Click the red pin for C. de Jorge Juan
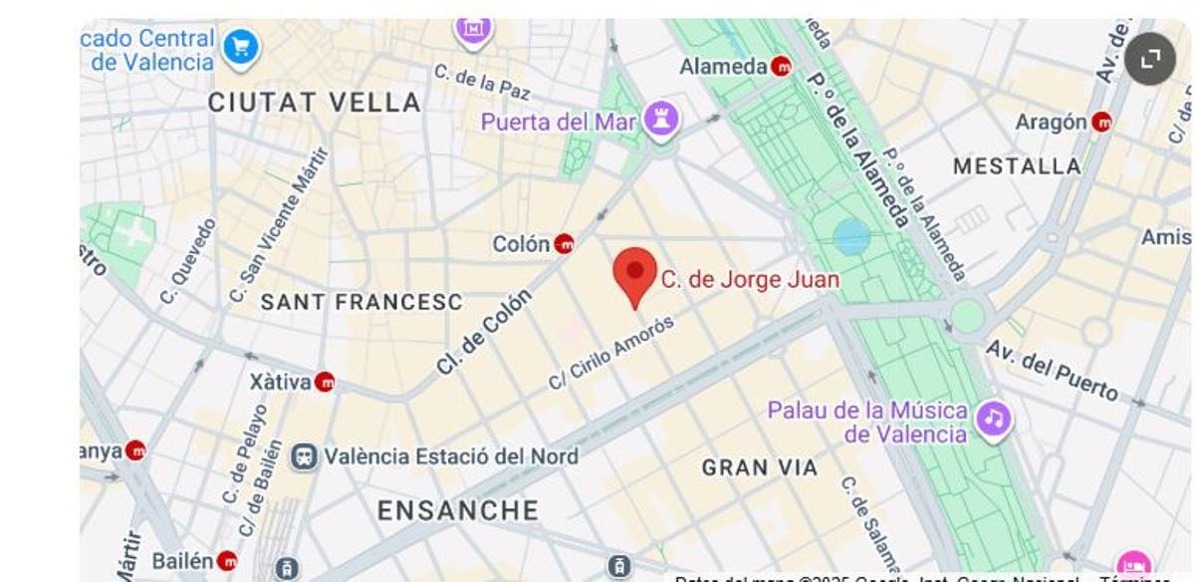[634, 274]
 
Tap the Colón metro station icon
[564, 243]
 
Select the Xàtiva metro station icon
[325, 382]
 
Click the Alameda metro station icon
[782, 67]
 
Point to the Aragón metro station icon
[1101, 123]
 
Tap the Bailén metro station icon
[227, 561]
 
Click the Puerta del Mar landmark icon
[661, 121]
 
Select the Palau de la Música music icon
[993, 420]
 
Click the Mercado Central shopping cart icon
[240, 47]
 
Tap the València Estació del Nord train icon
[304, 456]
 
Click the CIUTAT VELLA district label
[315, 102]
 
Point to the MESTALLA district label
[1017, 166]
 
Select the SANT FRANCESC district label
[361, 302]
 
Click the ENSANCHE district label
[458, 511]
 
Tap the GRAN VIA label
[760, 466]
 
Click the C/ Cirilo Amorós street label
[611, 353]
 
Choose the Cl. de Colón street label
[484, 332]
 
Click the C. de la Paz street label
[482, 82]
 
